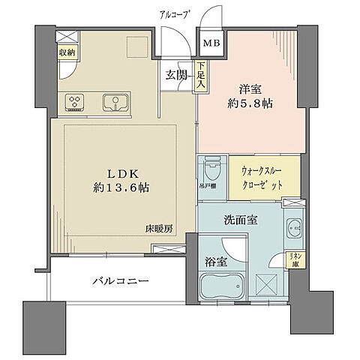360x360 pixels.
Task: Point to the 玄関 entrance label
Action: click(x=176, y=75)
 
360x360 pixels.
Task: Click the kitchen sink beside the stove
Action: click(x=115, y=101)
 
